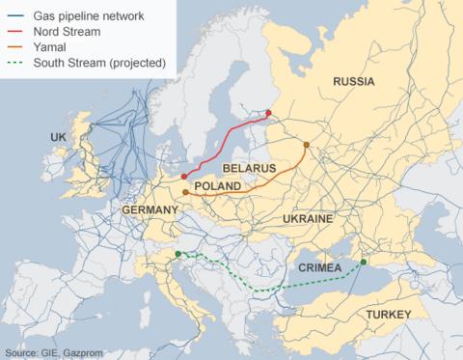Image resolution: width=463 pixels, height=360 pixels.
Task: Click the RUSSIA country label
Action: click(x=353, y=82)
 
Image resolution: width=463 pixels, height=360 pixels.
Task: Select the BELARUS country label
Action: click(x=249, y=168)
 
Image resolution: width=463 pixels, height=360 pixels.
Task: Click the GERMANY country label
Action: click(x=150, y=209)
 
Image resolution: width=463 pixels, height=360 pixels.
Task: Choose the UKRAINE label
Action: click(x=308, y=220)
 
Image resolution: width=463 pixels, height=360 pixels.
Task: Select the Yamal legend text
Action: click(x=49, y=46)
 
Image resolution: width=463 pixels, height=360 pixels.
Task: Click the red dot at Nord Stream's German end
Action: click(x=183, y=177)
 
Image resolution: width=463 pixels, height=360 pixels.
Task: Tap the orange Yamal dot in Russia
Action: click(x=307, y=146)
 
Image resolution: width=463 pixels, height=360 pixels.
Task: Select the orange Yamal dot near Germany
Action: click(x=185, y=193)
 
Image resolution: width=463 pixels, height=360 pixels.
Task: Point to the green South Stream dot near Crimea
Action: click(x=364, y=262)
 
